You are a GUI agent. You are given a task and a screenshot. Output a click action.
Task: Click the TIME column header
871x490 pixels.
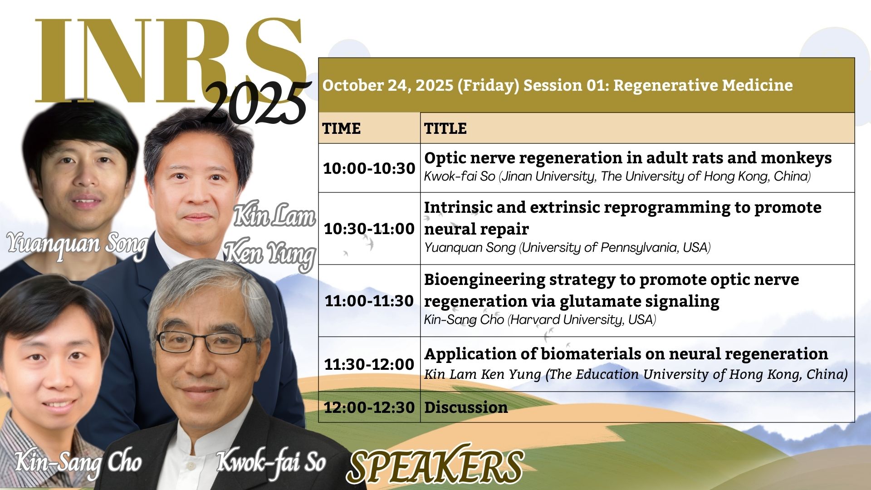pos(342,128)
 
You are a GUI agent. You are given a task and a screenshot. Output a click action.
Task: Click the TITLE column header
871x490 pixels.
pos(445,128)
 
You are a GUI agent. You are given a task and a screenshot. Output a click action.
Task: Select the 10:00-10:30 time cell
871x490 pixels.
pos(369,168)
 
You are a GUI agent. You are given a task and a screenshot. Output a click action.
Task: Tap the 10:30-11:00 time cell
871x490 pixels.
pos(369,229)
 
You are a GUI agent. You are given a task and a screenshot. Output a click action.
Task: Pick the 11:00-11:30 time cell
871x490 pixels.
pos(369,301)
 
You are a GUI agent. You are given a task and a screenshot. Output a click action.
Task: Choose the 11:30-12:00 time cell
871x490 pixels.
pos(369,364)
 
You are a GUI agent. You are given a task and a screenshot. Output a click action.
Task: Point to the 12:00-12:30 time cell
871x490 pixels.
pos(369,407)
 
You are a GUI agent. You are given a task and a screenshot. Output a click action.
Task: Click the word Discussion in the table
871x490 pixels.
pos(466,407)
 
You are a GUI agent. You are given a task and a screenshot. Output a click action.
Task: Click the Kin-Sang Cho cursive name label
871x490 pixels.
pos(78,463)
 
